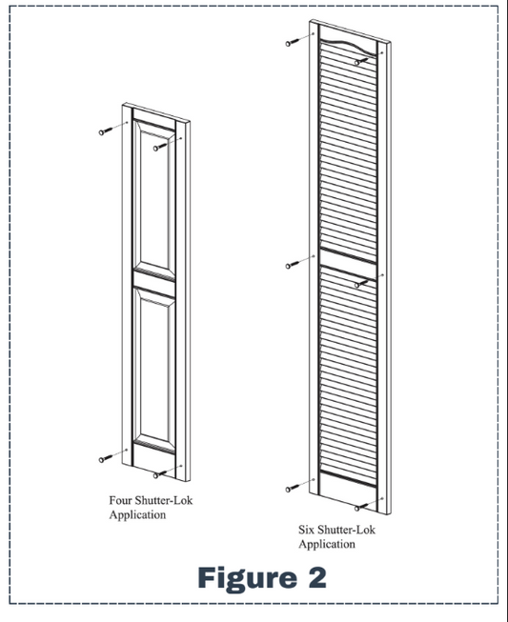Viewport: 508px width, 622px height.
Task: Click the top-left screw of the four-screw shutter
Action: [x=103, y=132]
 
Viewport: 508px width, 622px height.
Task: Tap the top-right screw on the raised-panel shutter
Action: [x=158, y=148]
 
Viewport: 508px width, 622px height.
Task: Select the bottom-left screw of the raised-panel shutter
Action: [x=103, y=459]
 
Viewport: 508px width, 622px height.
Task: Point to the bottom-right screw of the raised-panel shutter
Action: [x=158, y=473]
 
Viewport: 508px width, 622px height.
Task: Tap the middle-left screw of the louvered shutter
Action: [x=292, y=264]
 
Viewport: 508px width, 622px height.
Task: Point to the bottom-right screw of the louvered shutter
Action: [x=360, y=507]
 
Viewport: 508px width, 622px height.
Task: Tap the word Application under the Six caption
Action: [x=327, y=544]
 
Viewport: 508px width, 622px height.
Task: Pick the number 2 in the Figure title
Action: [x=315, y=577]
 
